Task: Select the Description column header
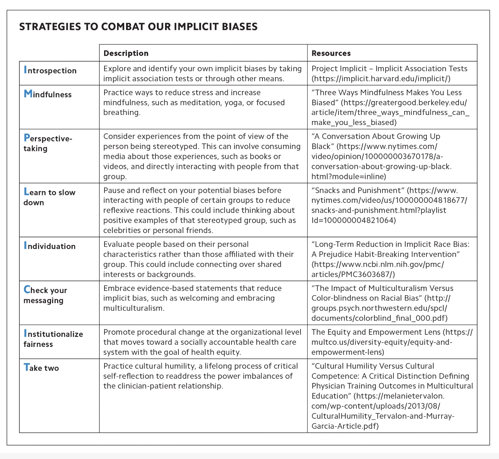126,53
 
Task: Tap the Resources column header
331,53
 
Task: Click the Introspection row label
50,70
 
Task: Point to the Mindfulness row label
47,94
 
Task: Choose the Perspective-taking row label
47,143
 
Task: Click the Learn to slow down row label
49,197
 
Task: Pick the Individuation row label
50,246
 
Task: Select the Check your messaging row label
45,295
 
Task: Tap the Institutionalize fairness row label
53,339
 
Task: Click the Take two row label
41,368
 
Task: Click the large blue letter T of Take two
27,367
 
